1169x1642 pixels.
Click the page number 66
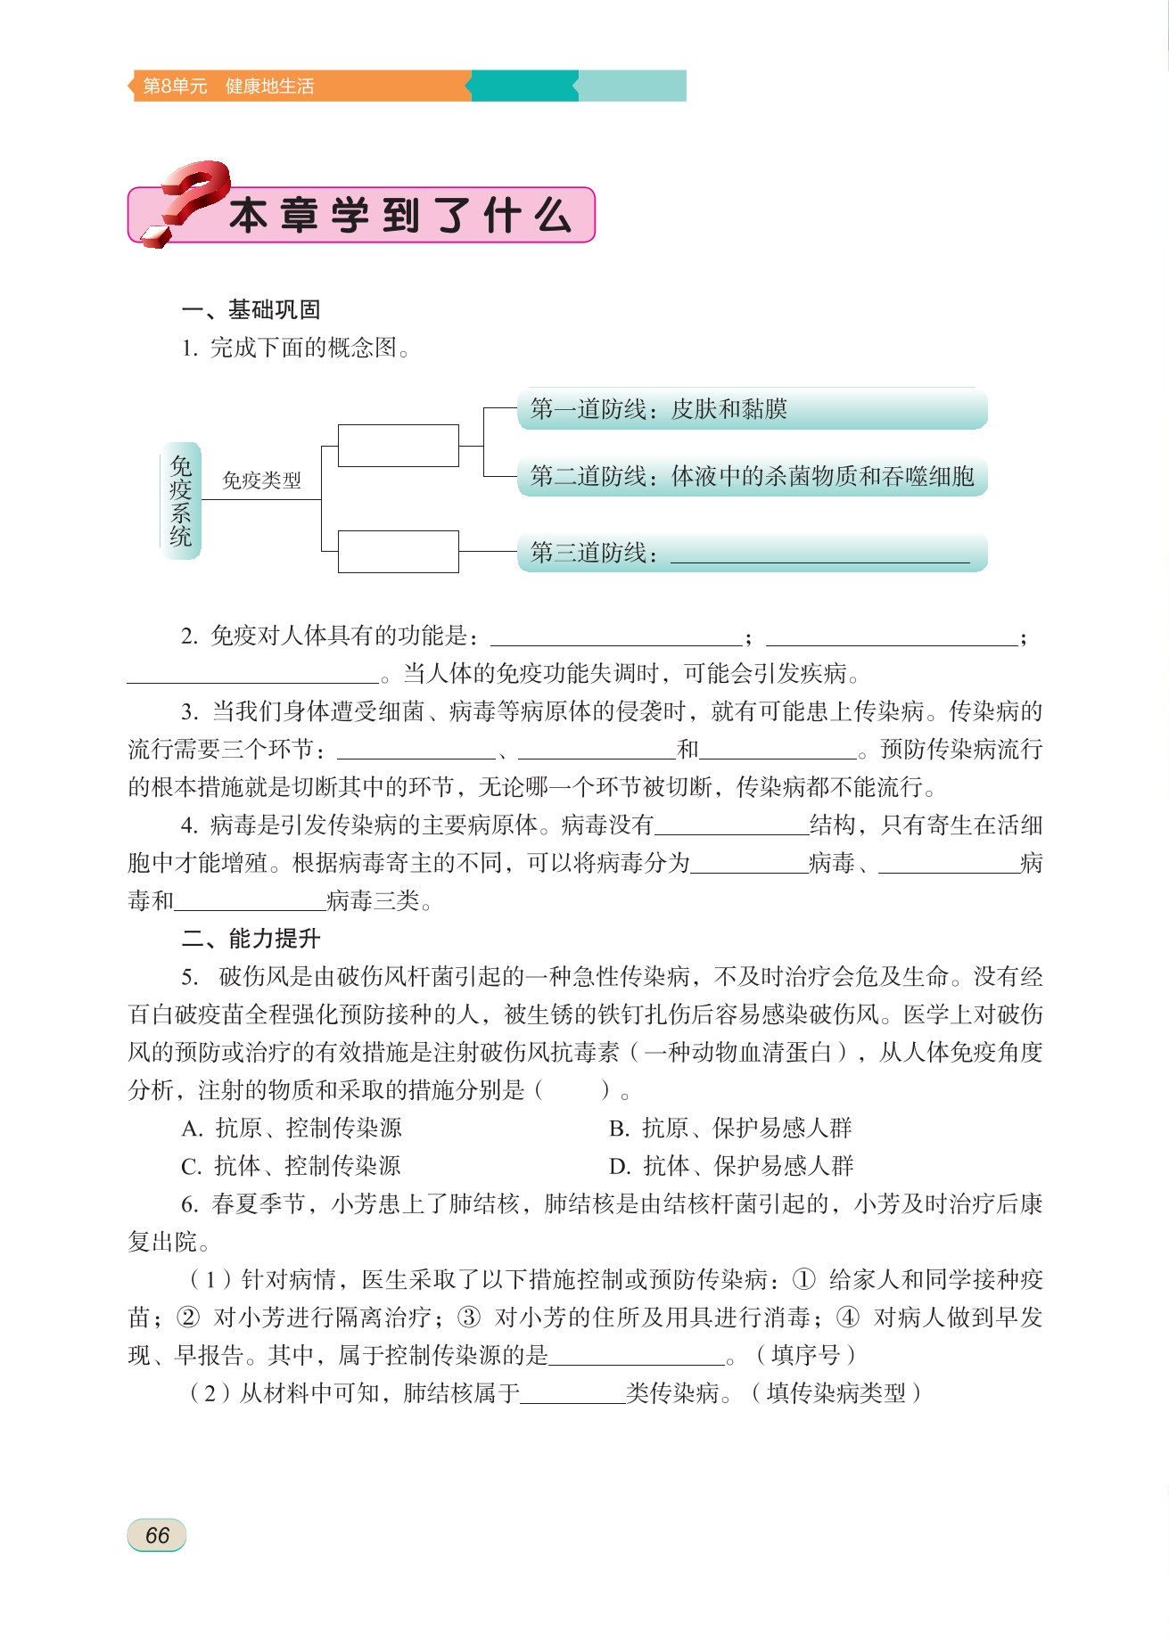tap(157, 1535)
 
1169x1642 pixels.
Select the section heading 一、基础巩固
tap(251, 309)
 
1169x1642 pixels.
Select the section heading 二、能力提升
tap(251, 938)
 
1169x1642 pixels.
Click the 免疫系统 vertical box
tap(181, 500)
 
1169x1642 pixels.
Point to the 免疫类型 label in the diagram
tap(261, 480)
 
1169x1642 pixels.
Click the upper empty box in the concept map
tap(398, 446)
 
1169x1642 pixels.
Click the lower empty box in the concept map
tap(398, 551)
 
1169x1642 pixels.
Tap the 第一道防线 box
tap(752, 409)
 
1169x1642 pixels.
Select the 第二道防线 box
tap(752, 476)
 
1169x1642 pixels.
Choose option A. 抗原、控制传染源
tap(292, 1128)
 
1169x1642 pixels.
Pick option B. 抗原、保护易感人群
tap(730, 1128)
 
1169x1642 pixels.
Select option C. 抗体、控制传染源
tap(292, 1166)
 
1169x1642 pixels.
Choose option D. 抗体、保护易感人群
tap(730, 1166)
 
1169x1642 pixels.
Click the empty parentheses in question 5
tap(572, 1090)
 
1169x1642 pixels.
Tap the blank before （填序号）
tap(637, 1355)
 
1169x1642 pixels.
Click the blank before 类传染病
tap(572, 1393)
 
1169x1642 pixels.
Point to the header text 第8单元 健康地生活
tap(229, 86)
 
